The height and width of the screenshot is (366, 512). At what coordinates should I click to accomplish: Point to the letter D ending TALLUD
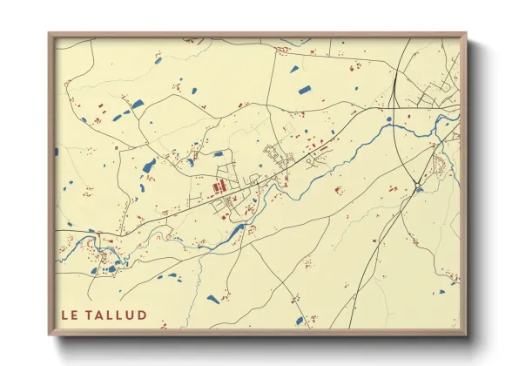(142, 315)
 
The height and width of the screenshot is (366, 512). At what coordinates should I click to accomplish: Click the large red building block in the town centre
(218, 186)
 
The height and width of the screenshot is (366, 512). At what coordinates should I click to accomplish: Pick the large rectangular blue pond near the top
(305, 89)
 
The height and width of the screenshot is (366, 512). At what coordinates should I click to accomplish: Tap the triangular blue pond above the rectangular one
(293, 69)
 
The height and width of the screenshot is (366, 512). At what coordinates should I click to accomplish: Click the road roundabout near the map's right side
(419, 185)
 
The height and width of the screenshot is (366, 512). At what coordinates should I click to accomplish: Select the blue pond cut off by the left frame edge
(57, 152)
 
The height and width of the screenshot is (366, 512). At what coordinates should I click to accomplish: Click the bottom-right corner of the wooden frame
(465, 334)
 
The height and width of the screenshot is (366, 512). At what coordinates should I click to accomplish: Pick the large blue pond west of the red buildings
(149, 166)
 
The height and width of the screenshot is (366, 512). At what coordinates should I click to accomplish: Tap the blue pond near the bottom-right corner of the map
(453, 281)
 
